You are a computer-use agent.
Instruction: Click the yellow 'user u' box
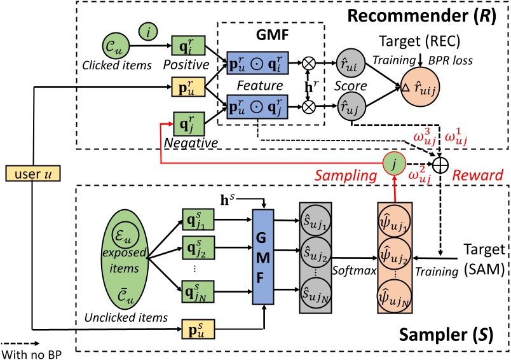coord(31,173)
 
